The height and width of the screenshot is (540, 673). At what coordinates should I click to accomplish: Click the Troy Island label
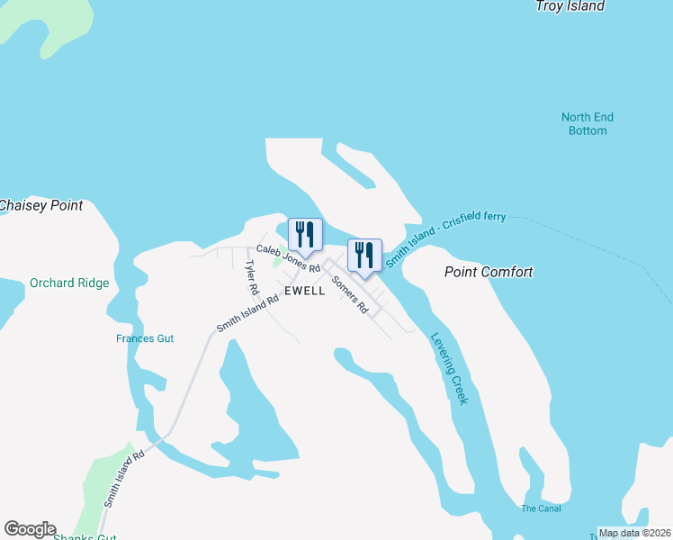point(570,6)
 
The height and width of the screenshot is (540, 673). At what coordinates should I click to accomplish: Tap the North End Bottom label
point(588,124)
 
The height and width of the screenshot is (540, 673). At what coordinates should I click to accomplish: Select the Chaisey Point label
point(40,206)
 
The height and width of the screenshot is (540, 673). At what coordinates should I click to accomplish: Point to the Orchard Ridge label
point(69,283)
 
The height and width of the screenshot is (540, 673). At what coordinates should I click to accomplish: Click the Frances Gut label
point(145,339)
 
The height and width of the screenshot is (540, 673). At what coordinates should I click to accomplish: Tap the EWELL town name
point(305,292)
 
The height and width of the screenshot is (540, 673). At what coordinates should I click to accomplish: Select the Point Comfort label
point(489,272)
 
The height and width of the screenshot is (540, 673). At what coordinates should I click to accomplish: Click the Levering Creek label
point(449,368)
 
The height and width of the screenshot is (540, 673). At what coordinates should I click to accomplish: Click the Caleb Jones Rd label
point(288,258)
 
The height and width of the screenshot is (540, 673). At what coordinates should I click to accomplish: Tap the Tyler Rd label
point(252,278)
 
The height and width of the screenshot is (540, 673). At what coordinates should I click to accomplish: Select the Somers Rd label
point(350,294)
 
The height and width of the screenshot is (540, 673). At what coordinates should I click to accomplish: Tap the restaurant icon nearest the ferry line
point(364,255)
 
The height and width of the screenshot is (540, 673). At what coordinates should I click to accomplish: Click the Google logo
point(30,529)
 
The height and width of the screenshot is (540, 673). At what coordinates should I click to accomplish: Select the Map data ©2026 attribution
point(634,533)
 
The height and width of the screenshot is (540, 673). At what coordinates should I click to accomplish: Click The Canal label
point(541,508)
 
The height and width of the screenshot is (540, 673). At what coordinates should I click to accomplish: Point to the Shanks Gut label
point(84,537)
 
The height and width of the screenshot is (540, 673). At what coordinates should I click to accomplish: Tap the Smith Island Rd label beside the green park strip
point(122,478)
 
